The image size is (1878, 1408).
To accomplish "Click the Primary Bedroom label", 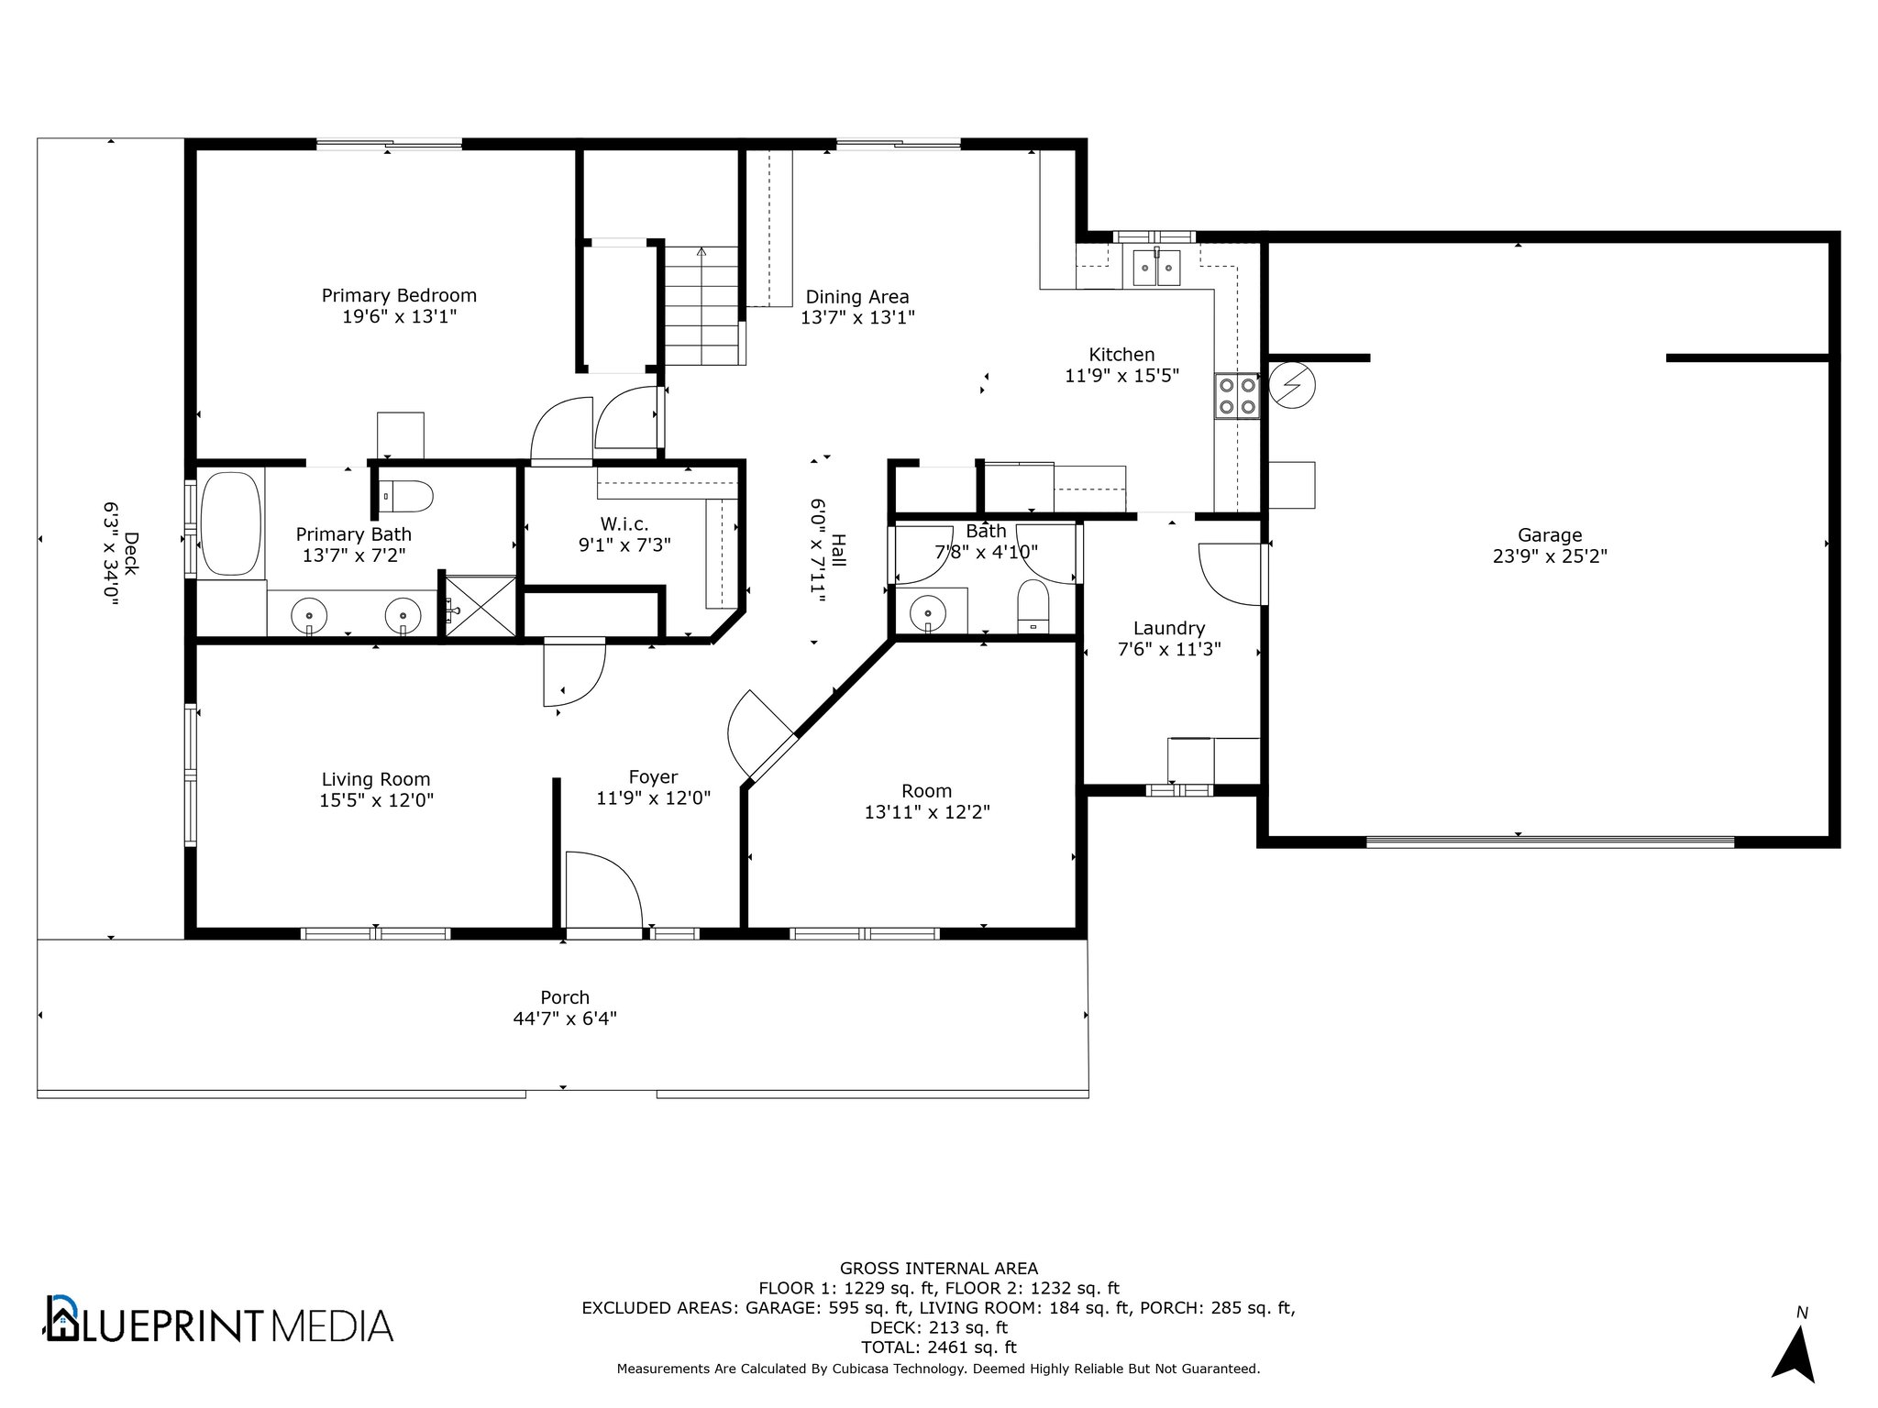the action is (399, 296).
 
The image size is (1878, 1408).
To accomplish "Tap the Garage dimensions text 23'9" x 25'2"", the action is (1550, 556).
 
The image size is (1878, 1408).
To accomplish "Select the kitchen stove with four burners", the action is (1237, 396).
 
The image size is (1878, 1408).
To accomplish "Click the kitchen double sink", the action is (1156, 268).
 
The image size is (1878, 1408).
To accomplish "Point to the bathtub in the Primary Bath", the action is (231, 523).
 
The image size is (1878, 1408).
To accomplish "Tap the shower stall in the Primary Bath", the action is (480, 604).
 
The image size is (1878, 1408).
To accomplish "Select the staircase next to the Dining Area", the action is (701, 306).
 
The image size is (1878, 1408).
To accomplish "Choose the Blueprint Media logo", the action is (220, 1321).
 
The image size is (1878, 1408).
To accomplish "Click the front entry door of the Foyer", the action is (603, 891).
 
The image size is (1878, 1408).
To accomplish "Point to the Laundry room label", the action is (1168, 628).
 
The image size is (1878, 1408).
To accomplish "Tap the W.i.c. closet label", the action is (624, 524).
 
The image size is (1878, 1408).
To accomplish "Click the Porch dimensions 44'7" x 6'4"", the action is (565, 1018).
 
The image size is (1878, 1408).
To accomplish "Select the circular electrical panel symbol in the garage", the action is (1291, 385).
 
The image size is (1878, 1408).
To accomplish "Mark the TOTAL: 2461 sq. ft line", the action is (939, 1347).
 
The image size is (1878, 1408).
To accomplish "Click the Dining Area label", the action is (857, 297).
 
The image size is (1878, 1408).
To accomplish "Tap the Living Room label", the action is (376, 780).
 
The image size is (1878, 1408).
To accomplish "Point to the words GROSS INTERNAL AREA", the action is (939, 1269).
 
